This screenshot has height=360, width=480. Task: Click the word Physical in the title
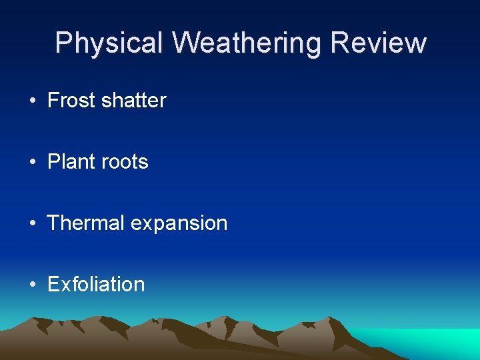coord(109,43)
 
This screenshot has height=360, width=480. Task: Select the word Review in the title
coord(378,43)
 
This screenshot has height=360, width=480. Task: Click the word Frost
coord(72,101)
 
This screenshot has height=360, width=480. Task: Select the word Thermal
coord(86,223)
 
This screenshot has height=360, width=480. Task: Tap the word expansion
coord(179,224)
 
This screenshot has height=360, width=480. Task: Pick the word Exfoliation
coord(96,285)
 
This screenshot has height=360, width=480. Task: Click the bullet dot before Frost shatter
coord(33,101)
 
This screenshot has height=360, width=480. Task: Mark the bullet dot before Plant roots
coord(33,163)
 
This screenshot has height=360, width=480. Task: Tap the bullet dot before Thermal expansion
coord(33,224)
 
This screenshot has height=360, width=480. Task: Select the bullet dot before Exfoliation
coord(33,285)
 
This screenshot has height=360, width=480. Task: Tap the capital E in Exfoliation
coord(53,285)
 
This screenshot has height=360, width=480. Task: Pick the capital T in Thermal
coord(53,223)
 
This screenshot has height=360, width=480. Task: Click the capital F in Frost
coord(53,101)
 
